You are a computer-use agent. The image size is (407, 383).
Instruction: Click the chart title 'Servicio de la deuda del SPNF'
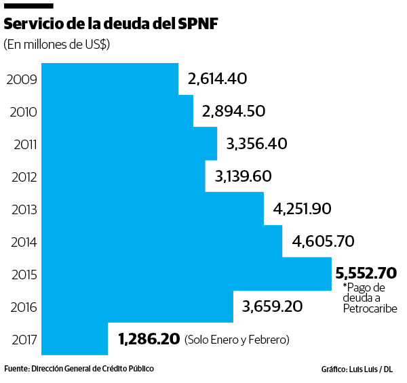click(112, 24)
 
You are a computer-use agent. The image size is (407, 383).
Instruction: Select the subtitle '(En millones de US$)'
click(57, 45)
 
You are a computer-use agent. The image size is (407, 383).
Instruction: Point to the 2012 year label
click(20, 177)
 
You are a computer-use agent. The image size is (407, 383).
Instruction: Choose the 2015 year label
click(20, 275)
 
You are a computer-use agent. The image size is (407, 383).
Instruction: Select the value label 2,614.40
click(217, 79)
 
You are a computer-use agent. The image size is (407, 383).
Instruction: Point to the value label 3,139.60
click(243, 176)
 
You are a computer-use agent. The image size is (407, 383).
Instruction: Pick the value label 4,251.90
click(301, 209)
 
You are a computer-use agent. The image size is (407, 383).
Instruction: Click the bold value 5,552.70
click(366, 273)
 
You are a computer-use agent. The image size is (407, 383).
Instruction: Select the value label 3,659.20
click(272, 306)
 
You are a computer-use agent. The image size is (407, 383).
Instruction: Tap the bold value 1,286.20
click(149, 338)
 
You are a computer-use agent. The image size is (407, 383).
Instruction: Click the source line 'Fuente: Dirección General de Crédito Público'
click(79, 368)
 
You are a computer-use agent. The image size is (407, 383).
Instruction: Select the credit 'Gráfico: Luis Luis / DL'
click(357, 369)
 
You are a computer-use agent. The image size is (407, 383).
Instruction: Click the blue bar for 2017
click(75, 338)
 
